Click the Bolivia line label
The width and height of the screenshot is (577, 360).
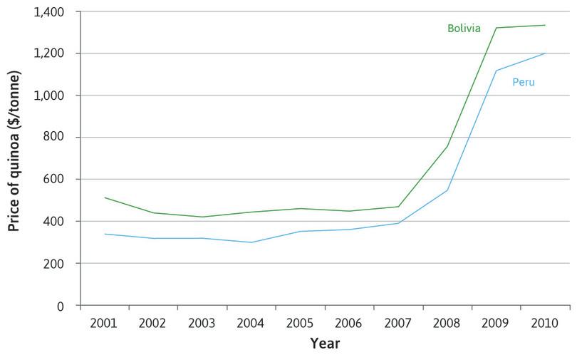[x=464, y=29]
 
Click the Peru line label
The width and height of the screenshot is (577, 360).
[x=524, y=83]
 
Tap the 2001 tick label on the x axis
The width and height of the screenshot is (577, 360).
[x=104, y=322]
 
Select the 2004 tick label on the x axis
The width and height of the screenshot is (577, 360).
[x=251, y=322]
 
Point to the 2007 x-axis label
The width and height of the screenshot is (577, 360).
[x=398, y=322]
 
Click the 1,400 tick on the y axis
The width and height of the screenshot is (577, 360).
[x=48, y=12]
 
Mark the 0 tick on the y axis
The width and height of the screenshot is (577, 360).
[x=60, y=306]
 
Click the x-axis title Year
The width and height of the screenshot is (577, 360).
[x=325, y=344]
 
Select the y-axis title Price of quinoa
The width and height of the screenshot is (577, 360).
[x=14, y=158]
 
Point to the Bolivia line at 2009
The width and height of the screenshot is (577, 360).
[x=497, y=28]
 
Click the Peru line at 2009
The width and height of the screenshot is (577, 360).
[x=497, y=71]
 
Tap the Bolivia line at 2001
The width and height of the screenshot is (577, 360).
[x=104, y=197]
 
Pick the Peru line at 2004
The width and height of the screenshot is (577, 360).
[x=251, y=242]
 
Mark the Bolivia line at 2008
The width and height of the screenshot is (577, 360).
[x=447, y=147]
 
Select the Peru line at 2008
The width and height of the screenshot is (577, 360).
[x=447, y=190]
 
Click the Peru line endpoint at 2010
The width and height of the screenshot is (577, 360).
[x=546, y=53]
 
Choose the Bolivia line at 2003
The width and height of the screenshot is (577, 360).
[x=202, y=217]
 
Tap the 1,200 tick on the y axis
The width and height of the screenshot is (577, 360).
[x=48, y=53]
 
